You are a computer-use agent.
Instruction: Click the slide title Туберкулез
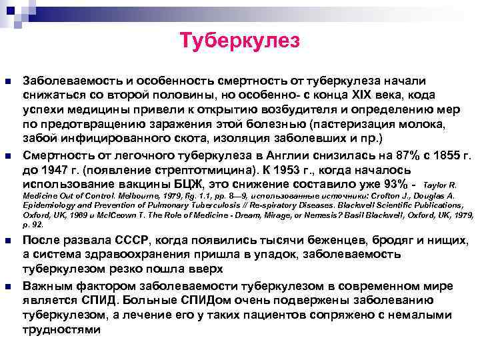(x=239, y=42)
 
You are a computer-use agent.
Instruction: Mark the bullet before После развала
(x=8, y=241)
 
